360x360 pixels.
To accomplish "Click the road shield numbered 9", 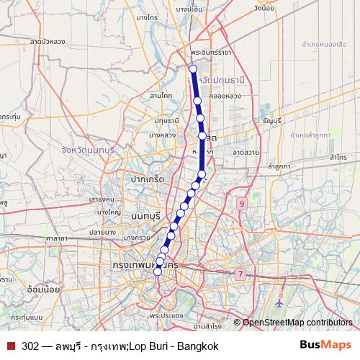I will [242, 204].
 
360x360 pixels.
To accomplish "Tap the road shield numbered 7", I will [239, 274].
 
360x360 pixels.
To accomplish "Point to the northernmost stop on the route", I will [192, 69].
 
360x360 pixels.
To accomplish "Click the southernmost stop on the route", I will [158, 271].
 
